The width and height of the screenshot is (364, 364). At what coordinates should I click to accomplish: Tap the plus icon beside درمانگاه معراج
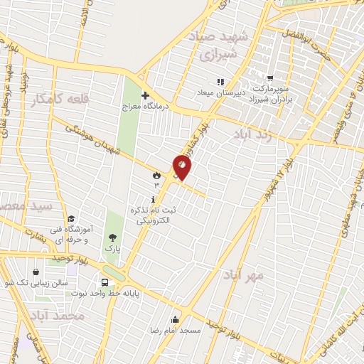point(145,95)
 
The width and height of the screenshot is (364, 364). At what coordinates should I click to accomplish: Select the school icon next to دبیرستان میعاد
point(220,81)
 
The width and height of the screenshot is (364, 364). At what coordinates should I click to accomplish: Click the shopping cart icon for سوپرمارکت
point(270,78)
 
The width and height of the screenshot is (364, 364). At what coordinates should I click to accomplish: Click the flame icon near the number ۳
point(156,174)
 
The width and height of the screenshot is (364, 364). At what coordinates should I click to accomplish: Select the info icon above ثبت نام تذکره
point(154,200)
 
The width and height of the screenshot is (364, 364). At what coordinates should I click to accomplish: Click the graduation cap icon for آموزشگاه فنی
point(71,219)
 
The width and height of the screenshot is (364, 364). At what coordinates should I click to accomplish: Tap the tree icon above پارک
point(112,238)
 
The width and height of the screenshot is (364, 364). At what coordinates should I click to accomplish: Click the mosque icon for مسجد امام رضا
point(175,319)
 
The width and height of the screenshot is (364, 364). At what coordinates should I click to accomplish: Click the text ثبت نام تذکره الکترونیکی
point(154,216)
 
